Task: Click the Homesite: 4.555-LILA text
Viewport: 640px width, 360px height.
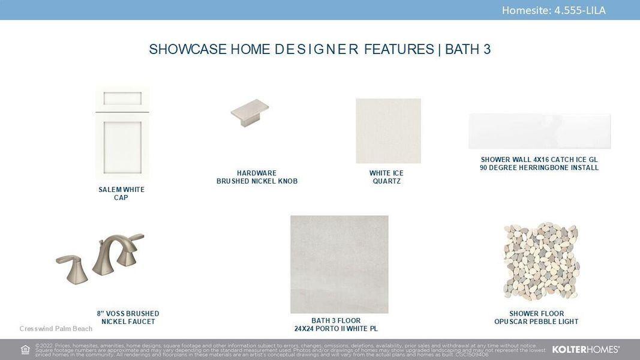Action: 553,10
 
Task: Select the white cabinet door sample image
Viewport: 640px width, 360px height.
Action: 122,133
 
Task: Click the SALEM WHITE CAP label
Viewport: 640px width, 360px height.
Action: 121,193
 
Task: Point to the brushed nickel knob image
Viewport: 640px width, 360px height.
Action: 250,114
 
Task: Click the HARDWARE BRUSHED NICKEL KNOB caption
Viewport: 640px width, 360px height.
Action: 257,177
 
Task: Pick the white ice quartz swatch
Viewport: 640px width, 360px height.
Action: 388,131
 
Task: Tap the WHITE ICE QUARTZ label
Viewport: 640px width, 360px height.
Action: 386,177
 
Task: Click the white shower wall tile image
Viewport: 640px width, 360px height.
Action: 539,131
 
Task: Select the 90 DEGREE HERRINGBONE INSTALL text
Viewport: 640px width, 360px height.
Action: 539,168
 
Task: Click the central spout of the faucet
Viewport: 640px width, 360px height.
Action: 108,252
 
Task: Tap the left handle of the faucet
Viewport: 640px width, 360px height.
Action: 71,264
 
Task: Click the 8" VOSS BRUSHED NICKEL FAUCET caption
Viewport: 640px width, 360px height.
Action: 128,317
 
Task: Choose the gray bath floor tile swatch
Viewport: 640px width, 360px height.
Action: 339,264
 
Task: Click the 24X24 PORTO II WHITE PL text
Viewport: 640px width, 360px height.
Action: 336,329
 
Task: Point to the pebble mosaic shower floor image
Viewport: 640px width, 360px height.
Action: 540,262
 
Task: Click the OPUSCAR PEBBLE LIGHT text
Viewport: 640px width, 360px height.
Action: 536,322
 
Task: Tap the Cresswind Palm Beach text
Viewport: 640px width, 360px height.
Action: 56,329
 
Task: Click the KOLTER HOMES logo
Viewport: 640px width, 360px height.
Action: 585,349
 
